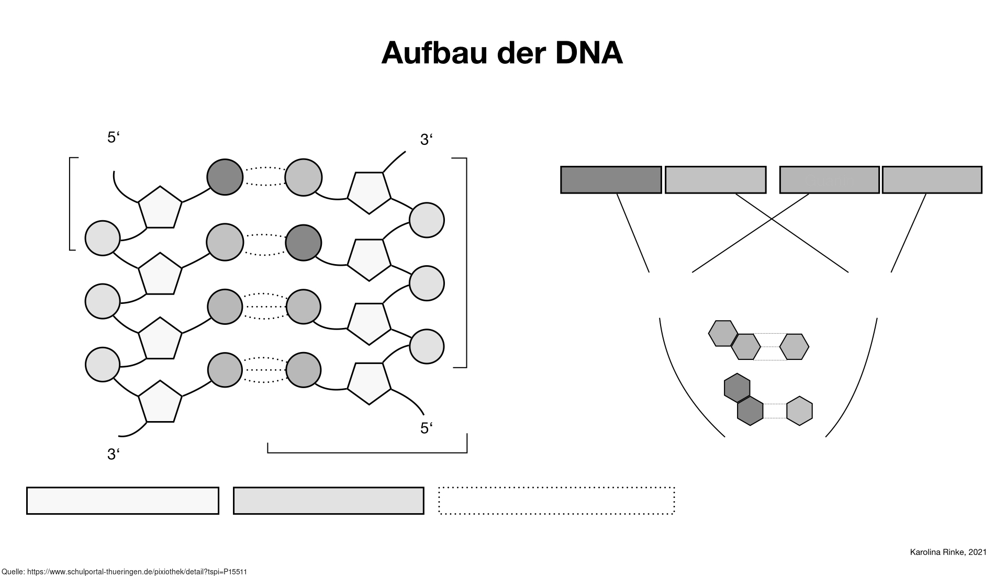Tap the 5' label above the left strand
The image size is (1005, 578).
tap(114, 138)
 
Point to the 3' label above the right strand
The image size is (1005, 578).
tap(427, 140)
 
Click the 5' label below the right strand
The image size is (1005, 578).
tap(427, 428)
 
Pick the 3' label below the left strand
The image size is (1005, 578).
tap(114, 455)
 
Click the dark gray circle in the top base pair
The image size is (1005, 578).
tap(225, 177)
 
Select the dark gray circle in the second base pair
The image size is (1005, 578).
tap(303, 243)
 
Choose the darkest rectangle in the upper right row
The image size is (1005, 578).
tap(611, 180)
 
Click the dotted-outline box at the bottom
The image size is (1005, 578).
tap(556, 501)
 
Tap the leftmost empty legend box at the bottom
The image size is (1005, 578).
tap(122, 501)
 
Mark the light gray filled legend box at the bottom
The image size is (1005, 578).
tap(328, 501)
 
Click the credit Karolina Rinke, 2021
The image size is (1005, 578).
tap(948, 552)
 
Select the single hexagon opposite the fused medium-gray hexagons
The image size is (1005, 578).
tap(794, 347)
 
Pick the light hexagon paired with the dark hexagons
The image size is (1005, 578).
tap(799, 411)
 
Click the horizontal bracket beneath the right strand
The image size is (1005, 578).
tap(367, 451)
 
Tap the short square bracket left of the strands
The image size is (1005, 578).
tap(71, 203)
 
